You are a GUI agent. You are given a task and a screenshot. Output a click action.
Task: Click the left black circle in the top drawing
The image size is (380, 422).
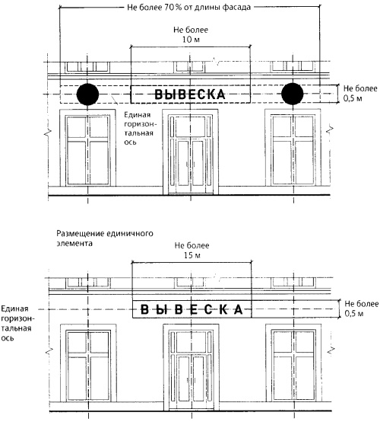point(88,94)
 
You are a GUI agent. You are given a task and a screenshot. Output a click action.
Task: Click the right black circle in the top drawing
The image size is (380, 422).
point(293,94)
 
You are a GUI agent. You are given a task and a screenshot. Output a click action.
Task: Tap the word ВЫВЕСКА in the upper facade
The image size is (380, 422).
point(190,94)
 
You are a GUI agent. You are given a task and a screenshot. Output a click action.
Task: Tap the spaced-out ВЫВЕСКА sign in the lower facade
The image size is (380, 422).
point(192,309)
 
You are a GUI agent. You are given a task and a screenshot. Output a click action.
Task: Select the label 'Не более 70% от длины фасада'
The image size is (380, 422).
point(188,8)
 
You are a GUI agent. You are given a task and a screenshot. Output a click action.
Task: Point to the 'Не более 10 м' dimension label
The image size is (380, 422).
point(191,35)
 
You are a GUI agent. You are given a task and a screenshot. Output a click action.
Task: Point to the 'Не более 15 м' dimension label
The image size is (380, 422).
point(192,251)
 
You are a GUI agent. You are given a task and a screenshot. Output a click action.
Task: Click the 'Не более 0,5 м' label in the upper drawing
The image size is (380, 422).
point(360,94)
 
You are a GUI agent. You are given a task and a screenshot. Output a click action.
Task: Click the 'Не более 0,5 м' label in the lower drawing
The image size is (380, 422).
point(362,309)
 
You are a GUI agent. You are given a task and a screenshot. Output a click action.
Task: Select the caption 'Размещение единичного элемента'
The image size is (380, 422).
point(105,238)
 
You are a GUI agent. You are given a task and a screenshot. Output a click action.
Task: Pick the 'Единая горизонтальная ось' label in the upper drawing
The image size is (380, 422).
point(139,129)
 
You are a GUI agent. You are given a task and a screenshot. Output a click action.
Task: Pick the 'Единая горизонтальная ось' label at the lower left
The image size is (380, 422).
point(17,323)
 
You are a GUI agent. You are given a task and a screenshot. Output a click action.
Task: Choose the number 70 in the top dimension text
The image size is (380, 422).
point(169,8)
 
